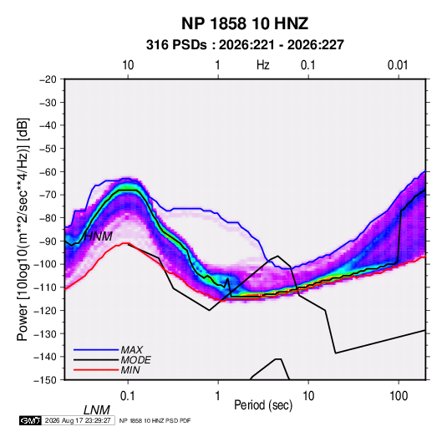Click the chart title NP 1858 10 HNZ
point(245,23)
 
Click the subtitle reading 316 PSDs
point(176,45)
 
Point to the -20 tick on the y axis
point(48,79)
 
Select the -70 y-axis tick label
point(48,195)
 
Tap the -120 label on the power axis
point(46,310)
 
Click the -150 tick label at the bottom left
point(46,380)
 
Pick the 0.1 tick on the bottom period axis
point(128,396)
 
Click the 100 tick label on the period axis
point(399,396)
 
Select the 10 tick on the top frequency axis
point(128,65)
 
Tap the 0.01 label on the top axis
point(398,65)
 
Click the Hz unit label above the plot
point(263,65)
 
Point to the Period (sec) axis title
point(263,405)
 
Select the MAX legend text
point(131,349)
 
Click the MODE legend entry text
point(135,360)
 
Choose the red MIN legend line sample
point(96,370)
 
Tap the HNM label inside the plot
point(98,236)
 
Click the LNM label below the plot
point(97,410)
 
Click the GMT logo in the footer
point(31,420)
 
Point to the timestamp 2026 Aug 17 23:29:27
point(78,420)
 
